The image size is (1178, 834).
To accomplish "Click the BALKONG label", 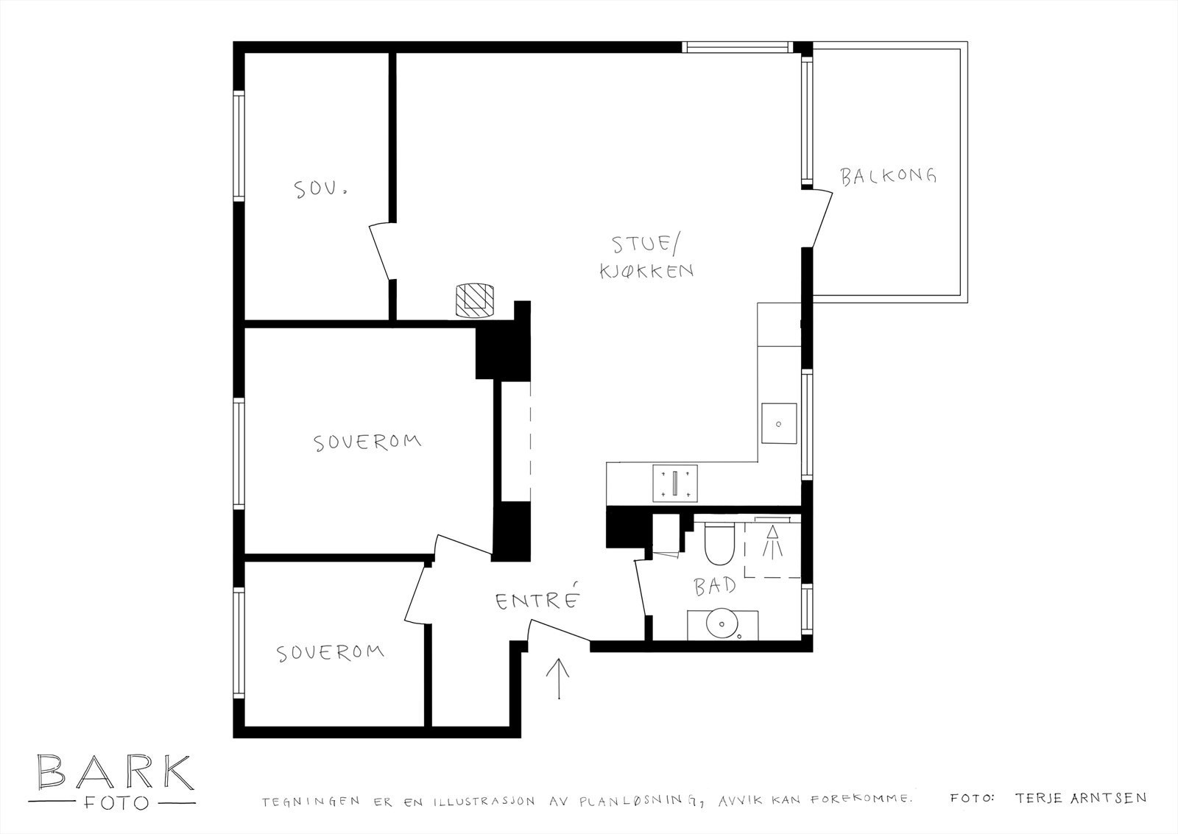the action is click(x=888, y=176).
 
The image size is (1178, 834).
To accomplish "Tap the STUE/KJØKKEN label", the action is click(x=646, y=257).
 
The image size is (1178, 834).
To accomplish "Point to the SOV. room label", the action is click(x=320, y=188).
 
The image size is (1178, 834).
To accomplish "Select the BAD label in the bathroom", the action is click(x=715, y=586).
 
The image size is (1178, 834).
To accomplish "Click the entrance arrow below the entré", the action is click(x=559, y=679).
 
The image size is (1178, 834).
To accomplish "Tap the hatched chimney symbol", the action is click(x=475, y=301).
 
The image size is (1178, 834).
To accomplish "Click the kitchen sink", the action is click(x=779, y=423).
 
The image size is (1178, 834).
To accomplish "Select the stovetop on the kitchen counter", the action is click(x=675, y=483).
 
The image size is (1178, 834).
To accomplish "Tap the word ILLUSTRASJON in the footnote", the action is click(x=484, y=802).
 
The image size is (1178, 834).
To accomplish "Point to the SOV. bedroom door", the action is click(x=382, y=251).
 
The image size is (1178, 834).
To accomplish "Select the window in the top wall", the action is click(x=737, y=47).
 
